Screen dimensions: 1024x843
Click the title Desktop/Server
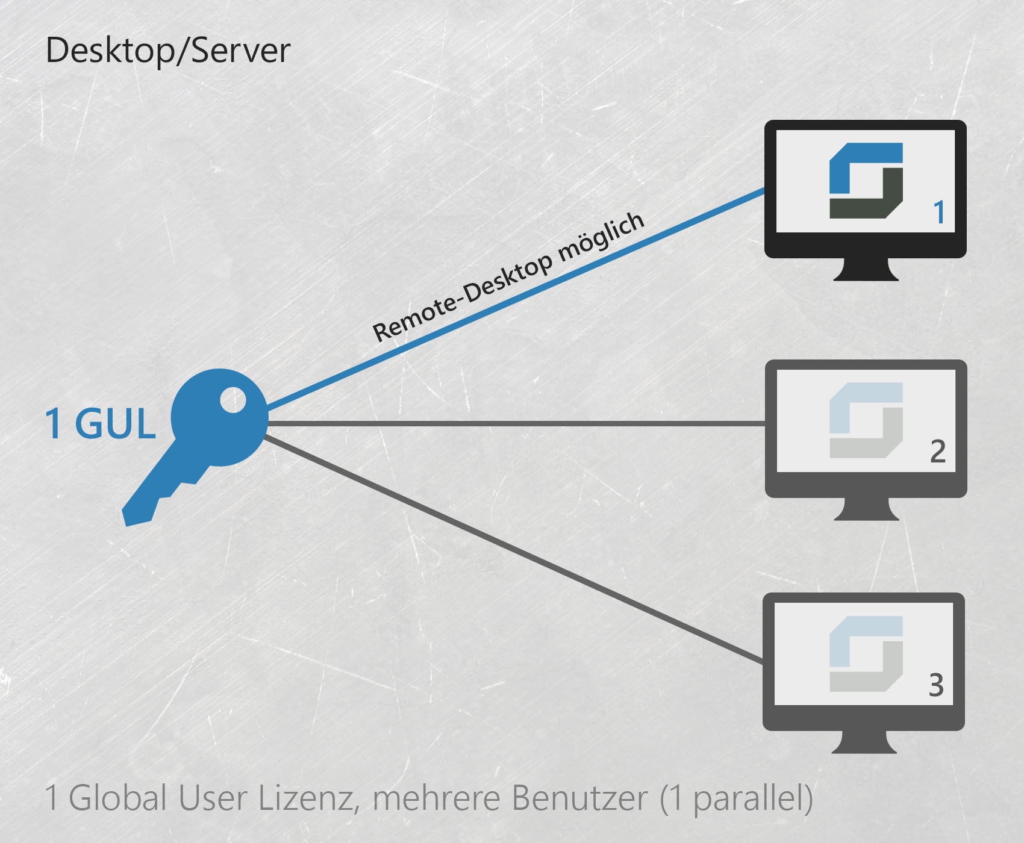coord(168,51)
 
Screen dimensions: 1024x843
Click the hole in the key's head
coord(233,400)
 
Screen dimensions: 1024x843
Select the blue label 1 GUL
coord(101,423)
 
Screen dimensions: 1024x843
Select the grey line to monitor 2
coord(516,424)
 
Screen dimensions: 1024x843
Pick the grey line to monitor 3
coord(514,550)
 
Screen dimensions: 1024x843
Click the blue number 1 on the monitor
coord(938,213)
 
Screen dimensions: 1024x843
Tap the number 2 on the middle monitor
coord(938,452)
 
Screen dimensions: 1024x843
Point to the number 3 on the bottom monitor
coord(936,685)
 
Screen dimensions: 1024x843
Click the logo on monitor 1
coord(866,181)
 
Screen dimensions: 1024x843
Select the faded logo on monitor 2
coord(866,420)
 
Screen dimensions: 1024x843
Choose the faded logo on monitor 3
coord(866,654)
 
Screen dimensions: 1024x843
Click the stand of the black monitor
coord(866,269)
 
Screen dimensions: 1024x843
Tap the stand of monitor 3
coord(864,742)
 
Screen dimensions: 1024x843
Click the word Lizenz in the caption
coord(309,798)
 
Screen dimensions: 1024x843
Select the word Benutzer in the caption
coord(579,798)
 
